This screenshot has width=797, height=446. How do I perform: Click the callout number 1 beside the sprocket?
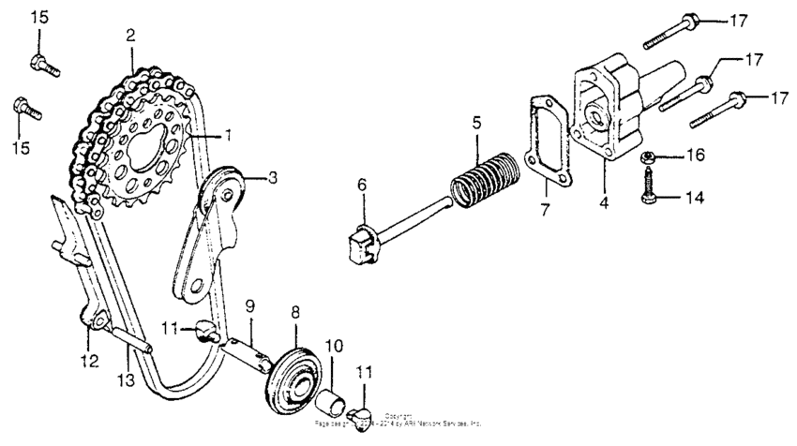point(227,135)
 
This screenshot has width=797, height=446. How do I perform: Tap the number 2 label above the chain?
point(131,36)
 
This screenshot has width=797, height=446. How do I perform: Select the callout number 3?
point(273,176)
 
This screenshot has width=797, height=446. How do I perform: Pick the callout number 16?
point(693,155)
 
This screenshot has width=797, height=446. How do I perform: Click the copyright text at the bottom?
point(399,422)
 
